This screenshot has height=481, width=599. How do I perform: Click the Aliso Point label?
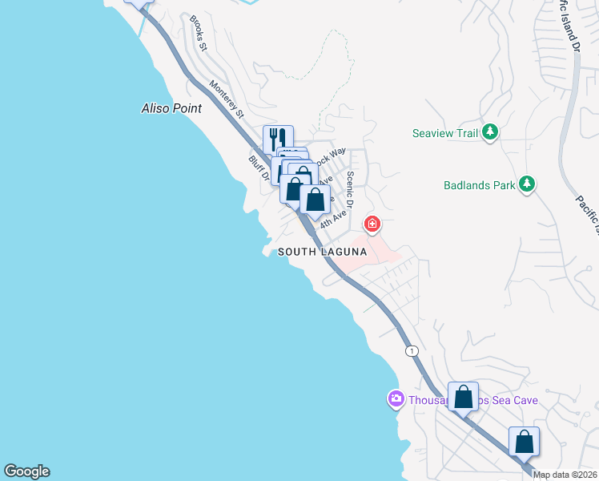(171, 108)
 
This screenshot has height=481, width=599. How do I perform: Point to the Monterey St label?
(227, 99)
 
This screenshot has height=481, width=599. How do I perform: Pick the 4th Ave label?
(335, 217)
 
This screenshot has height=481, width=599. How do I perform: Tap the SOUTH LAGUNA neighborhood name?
(322, 252)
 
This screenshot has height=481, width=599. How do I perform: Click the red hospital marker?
(372, 223)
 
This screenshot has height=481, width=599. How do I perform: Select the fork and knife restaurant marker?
(278, 138)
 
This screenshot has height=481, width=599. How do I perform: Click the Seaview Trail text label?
(444, 133)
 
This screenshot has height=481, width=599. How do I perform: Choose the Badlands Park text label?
(479, 185)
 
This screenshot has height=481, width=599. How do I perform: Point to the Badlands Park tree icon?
(526, 184)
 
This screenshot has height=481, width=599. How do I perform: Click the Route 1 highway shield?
(412, 351)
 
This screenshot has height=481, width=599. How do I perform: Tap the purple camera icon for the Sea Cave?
(396, 398)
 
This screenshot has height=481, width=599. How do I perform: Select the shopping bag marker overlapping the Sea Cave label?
(463, 396)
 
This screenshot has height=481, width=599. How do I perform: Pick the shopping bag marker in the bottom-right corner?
(524, 441)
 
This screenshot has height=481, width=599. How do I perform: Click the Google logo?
(26, 471)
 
